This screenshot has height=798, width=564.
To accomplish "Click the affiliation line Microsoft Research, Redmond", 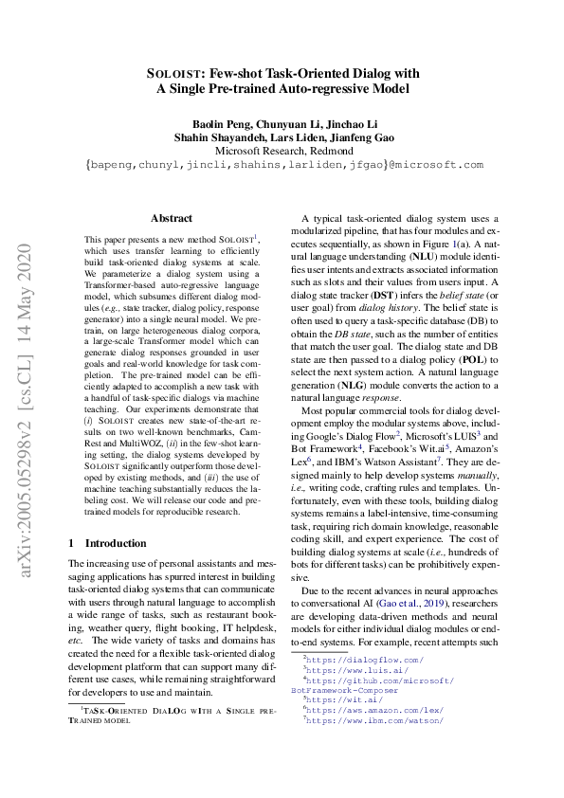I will (282, 150).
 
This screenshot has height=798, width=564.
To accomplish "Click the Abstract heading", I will (171, 217).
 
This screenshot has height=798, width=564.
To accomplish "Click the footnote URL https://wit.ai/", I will (341, 699).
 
